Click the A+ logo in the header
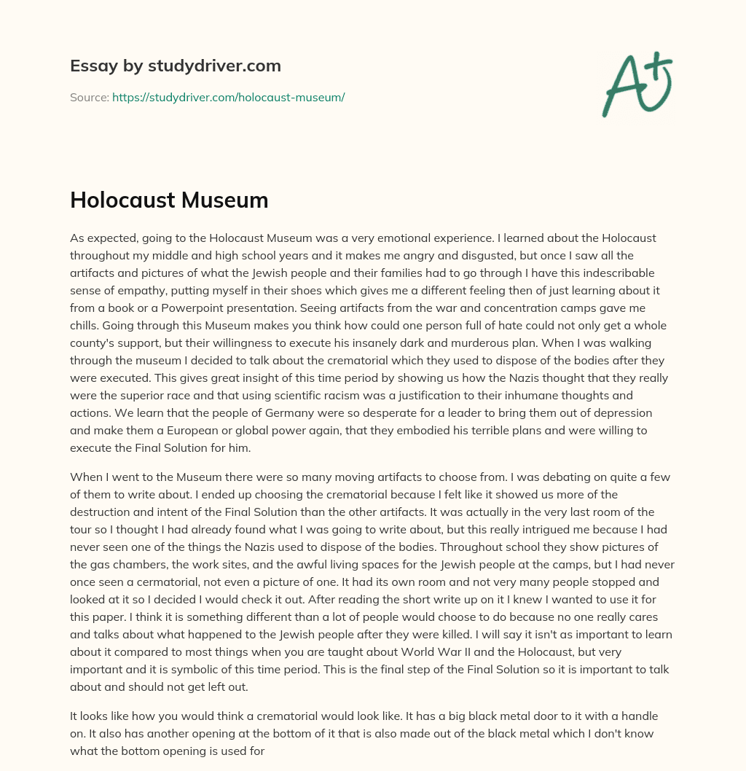[637, 84]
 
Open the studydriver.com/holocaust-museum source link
[228, 97]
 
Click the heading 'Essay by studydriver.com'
[175, 66]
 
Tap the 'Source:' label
[89, 97]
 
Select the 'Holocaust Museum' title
[169, 200]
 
